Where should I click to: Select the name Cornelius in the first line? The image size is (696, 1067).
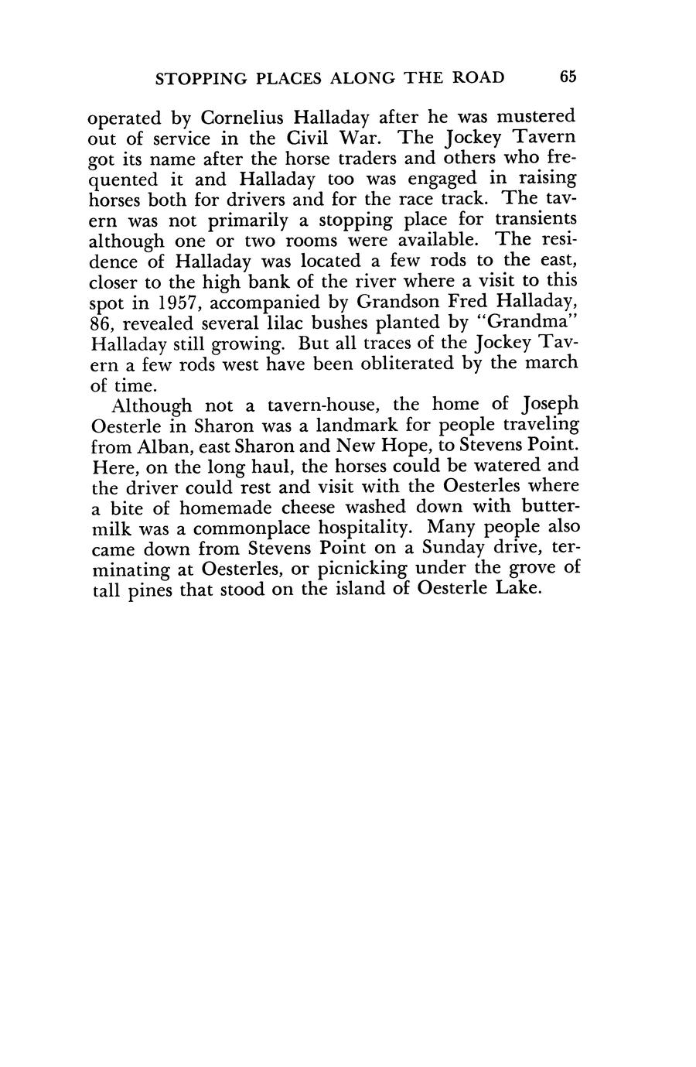pos(244,118)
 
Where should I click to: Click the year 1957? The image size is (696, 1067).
pos(172,300)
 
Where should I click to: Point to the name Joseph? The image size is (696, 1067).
pos(551,405)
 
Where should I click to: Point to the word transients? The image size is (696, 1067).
pos(537,220)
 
